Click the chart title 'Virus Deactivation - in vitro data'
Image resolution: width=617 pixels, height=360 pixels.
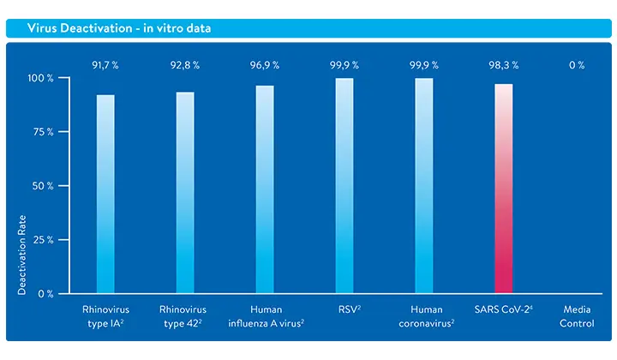119,28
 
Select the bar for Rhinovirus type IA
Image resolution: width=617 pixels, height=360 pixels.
105,194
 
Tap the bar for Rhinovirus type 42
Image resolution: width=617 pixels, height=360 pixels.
185,193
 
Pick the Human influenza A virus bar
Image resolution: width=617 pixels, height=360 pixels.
265,189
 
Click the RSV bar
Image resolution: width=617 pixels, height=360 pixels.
344,186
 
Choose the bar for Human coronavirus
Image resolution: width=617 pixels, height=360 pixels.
424,186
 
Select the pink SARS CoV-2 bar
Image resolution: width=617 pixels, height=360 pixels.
504,189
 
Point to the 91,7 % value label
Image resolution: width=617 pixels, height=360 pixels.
105,65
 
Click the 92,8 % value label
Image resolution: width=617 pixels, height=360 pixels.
185,65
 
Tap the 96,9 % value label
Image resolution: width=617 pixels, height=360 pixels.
265,65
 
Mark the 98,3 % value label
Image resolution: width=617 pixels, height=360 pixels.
504,65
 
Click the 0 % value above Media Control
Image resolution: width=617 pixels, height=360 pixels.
576,65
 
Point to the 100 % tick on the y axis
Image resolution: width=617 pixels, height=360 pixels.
40,79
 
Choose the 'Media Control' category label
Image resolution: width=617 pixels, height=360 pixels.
576,315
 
